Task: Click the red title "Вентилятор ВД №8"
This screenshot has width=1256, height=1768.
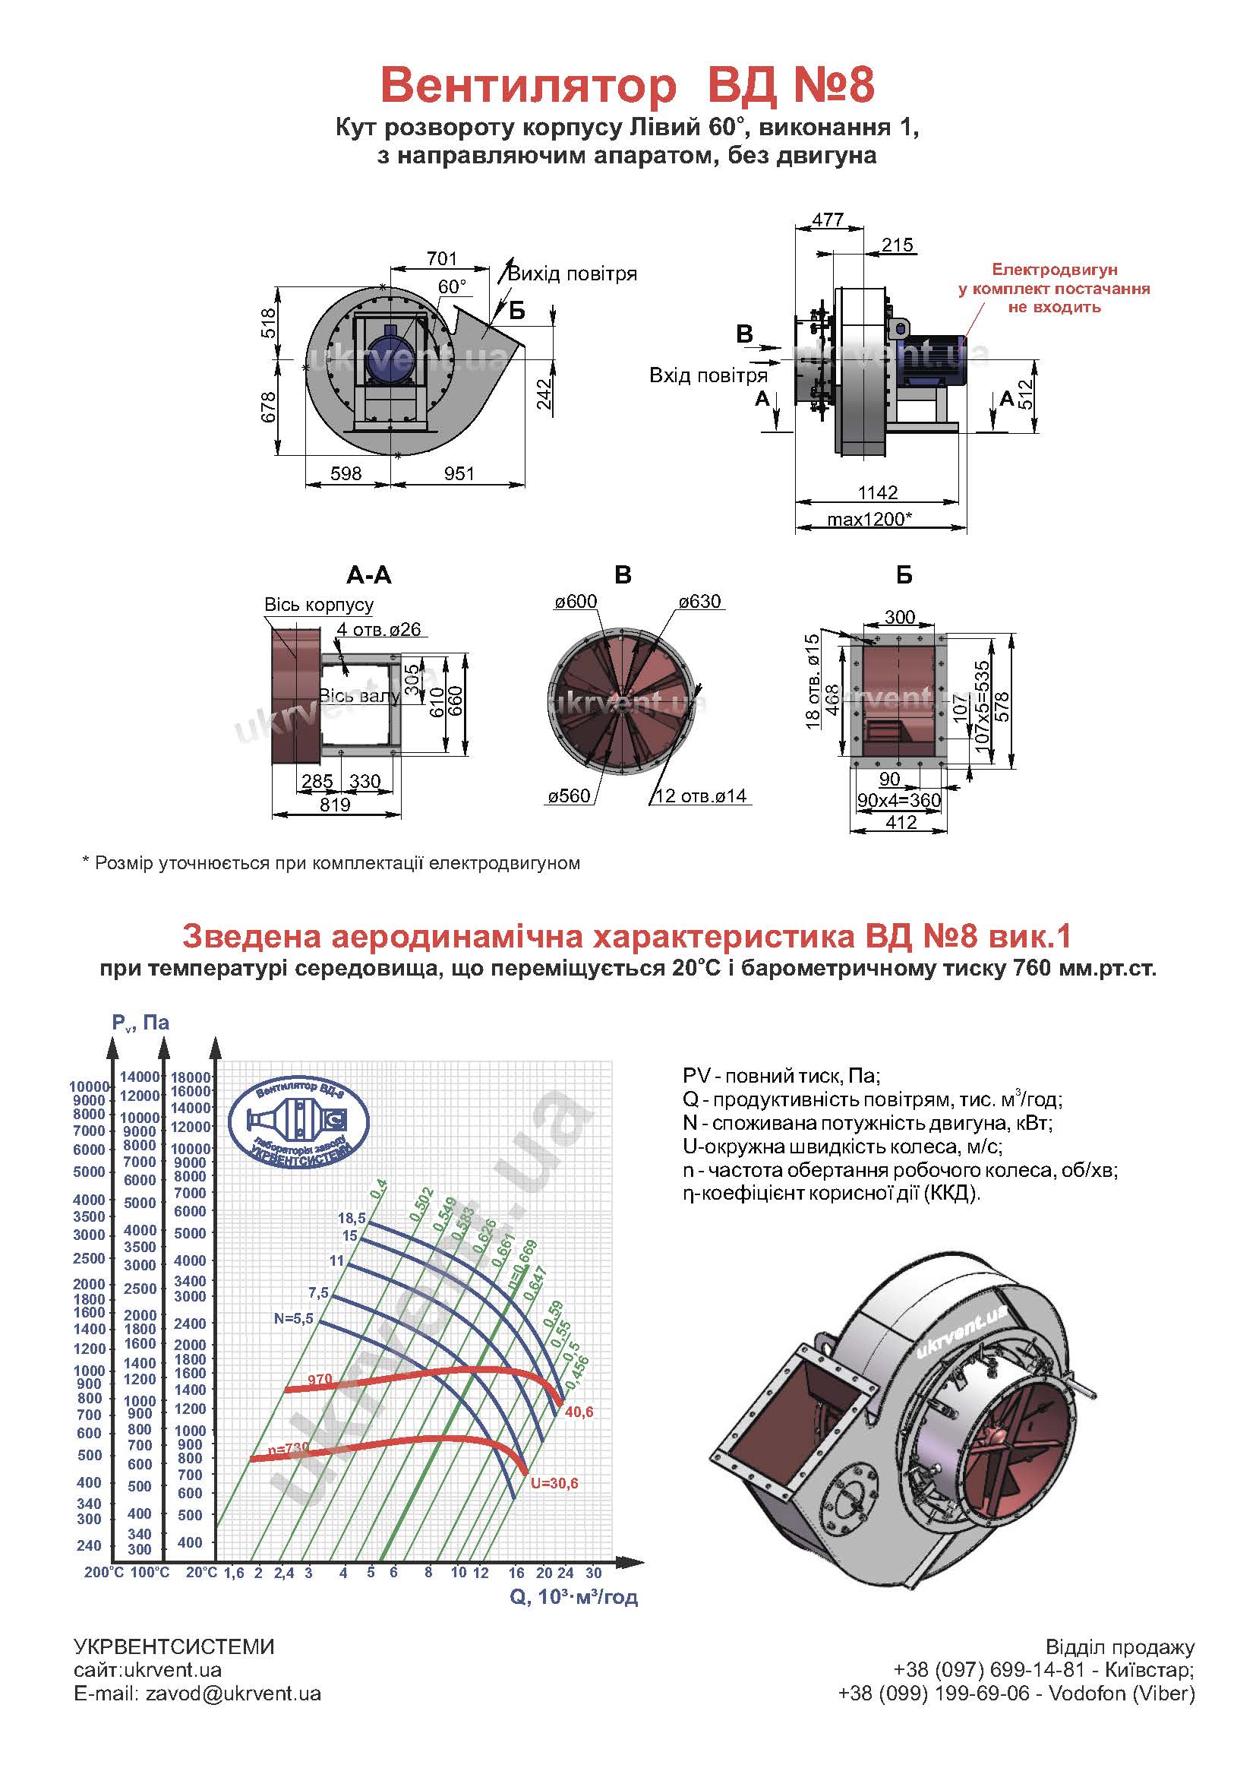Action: [627, 84]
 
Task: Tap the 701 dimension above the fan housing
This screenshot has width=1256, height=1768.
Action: [442, 258]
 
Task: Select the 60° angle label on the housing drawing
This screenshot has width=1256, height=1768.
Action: [453, 287]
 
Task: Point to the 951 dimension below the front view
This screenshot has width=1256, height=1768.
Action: [459, 473]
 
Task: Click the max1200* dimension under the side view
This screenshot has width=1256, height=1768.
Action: [869, 518]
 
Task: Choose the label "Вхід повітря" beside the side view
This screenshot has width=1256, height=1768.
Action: [708, 376]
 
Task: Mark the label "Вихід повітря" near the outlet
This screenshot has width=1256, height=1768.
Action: [573, 274]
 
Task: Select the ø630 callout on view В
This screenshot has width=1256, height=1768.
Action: [700, 601]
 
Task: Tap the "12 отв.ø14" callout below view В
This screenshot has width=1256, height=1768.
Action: [701, 796]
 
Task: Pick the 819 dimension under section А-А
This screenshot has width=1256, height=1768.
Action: [335, 805]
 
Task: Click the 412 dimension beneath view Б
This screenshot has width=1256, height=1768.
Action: [901, 823]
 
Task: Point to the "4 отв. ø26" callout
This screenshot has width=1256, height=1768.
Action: [379, 630]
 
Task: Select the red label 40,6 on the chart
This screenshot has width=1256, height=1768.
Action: [579, 1412]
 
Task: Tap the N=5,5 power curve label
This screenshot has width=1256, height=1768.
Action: [293, 1319]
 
